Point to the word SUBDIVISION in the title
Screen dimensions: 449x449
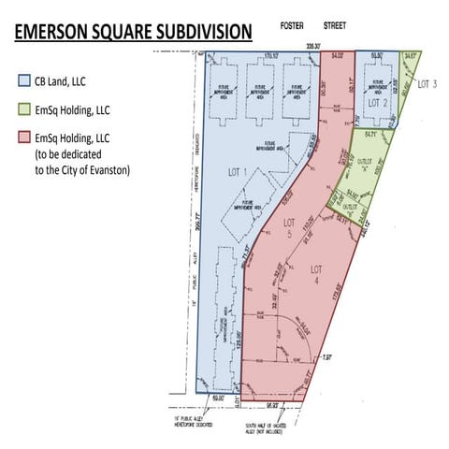pos(200,32)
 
